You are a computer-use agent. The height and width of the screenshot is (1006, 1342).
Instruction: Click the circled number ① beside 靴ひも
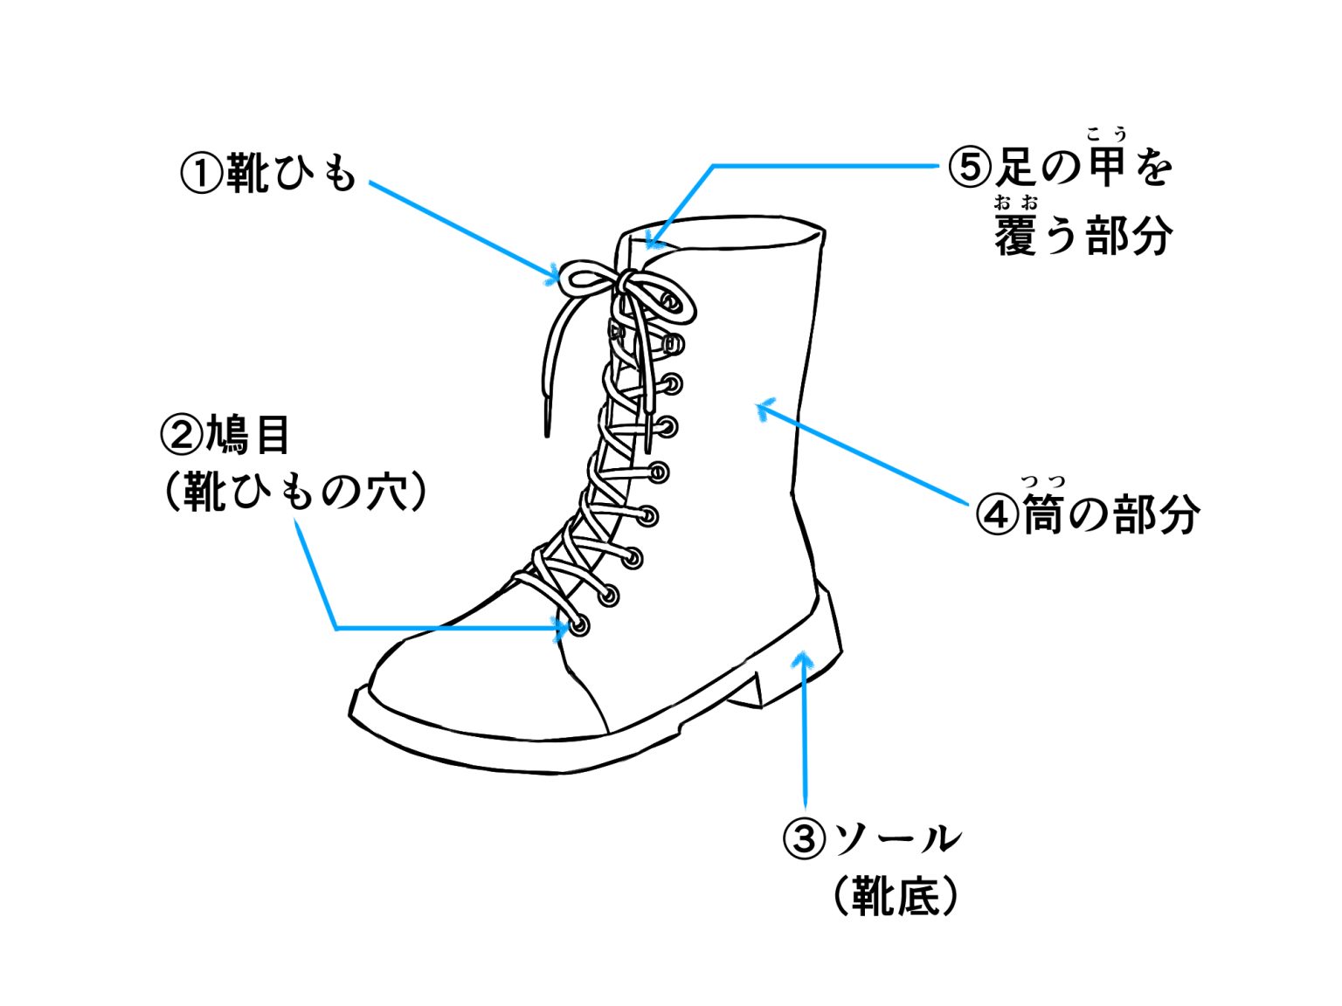coord(202,173)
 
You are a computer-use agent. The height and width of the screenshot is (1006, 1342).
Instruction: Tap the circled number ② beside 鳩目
coord(181,434)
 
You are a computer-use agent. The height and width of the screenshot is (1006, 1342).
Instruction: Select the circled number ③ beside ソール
coord(803,839)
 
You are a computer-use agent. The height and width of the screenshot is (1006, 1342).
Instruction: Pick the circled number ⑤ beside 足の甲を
coord(970,166)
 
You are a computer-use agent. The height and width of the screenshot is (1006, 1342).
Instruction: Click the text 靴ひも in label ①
coord(291,173)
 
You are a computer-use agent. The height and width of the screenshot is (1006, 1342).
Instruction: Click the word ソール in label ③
coord(895,839)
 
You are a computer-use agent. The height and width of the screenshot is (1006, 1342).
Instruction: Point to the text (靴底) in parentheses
coord(895,896)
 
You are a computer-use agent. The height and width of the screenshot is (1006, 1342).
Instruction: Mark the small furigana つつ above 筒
coord(1043,481)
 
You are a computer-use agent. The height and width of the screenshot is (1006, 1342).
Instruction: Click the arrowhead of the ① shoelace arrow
coord(555,277)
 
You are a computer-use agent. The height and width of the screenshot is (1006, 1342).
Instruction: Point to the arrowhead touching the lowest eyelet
coord(563,627)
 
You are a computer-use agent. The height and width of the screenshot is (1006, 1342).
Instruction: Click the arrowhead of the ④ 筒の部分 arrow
coord(763,407)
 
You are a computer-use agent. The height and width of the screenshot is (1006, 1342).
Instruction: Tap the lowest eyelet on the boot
coord(579,625)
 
